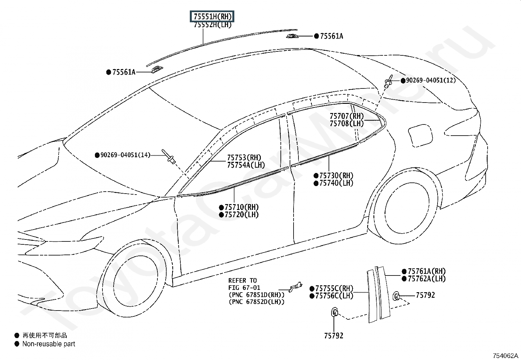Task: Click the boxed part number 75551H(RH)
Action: click(x=212, y=16)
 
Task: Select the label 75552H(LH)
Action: click(x=213, y=25)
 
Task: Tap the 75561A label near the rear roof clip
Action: click(x=332, y=36)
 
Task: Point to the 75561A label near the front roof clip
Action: click(x=124, y=72)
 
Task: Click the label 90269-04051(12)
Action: click(x=431, y=80)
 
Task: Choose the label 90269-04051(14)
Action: click(x=125, y=155)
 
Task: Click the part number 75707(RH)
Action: click(x=347, y=116)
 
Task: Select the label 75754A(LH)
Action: click(x=246, y=165)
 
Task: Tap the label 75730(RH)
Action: click(x=336, y=176)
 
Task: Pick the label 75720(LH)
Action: click(x=242, y=215)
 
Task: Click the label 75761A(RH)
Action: click(x=427, y=271)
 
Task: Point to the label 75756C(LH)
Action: click(x=334, y=296)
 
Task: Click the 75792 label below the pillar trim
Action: click(x=334, y=336)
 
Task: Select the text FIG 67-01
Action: click(x=244, y=288)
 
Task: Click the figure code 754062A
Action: click(x=505, y=356)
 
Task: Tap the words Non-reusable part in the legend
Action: click(x=49, y=344)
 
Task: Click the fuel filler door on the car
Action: click(x=421, y=136)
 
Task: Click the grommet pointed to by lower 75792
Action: click(x=334, y=312)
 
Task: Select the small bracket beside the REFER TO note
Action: click(x=296, y=287)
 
